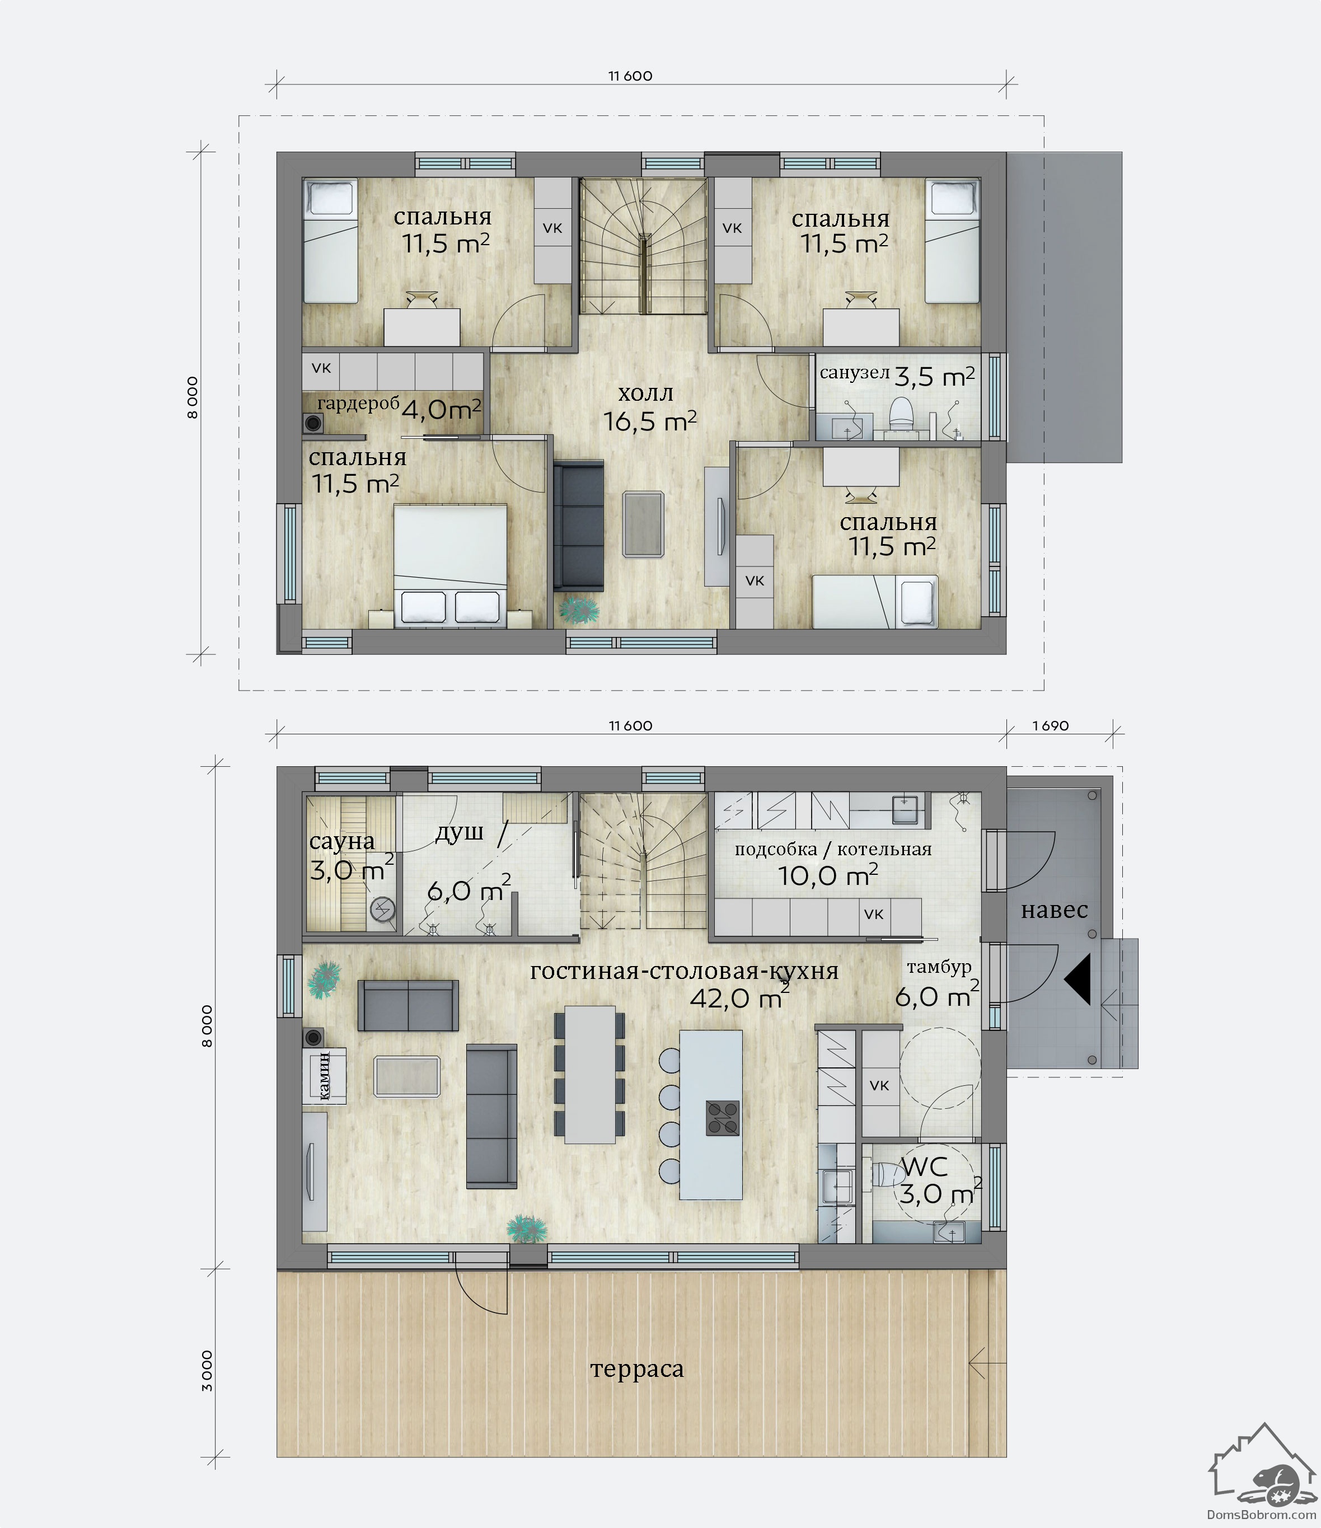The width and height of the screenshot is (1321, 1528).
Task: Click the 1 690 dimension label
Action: click(x=1050, y=725)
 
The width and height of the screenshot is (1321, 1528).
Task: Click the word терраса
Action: click(x=637, y=1370)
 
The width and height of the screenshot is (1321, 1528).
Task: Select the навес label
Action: click(x=1054, y=910)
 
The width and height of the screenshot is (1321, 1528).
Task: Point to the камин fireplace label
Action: click(x=324, y=1076)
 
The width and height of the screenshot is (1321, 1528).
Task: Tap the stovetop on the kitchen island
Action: click(x=722, y=1117)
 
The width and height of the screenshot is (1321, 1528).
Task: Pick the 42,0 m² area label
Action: click(x=739, y=999)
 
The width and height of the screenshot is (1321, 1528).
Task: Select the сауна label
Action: click(x=341, y=841)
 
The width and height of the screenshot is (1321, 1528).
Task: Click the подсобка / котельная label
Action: click(x=833, y=850)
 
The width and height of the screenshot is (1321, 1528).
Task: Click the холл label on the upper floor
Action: click(x=645, y=393)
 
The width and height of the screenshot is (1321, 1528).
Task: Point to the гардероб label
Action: click(x=358, y=404)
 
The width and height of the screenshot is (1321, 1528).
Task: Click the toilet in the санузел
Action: click(x=901, y=414)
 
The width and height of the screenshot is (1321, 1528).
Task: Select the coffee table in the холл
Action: click(x=643, y=524)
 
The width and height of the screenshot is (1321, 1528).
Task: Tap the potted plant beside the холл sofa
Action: click(x=580, y=609)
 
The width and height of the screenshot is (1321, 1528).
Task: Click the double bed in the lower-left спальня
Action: click(x=450, y=566)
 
